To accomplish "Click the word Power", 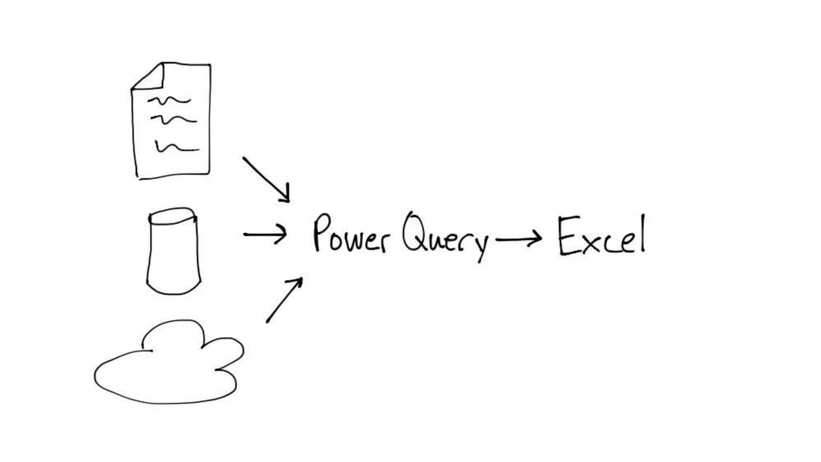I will [351, 235].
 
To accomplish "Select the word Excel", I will [601, 237].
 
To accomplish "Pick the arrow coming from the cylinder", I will [265, 234].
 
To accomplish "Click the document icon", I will [172, 120].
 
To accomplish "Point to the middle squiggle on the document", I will [173, 119].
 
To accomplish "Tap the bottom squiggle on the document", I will [176, 148].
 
